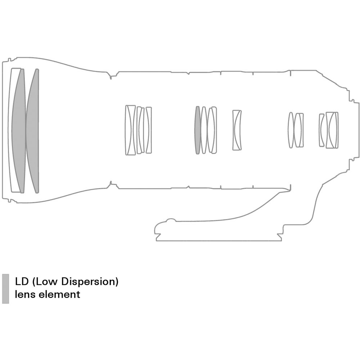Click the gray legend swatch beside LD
pyautogui.click(x=5, y=289)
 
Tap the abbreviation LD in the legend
pyautogui.click(x=22, y=282)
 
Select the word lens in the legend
pyautogui.click(x=25, y=294)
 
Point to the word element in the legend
pyautogui.click(x=59, y=294)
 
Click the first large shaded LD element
pyautogui.click(x=19, y=131)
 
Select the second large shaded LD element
pyautogui.click(x=33, y=131)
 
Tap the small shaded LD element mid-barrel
pyautogui.click(x=197, y=130)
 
